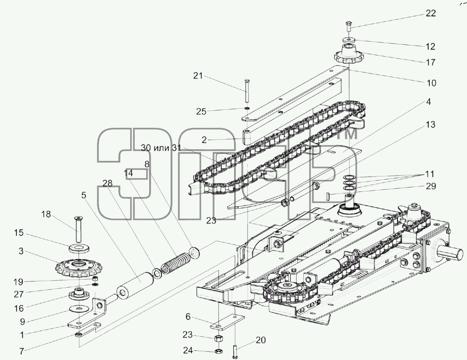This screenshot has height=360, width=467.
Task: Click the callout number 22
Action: (x=431, y=14)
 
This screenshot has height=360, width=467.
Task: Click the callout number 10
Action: (x=431, y=83)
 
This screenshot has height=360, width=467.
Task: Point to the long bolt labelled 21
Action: (x=247, y=91)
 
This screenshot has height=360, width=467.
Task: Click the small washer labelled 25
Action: (x=247, y=108)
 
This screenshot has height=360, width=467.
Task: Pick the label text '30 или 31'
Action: (x=161, y=148)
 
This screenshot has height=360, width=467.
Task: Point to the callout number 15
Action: (x=19, y=233)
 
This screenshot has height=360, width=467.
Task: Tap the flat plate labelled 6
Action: (x=228, y=322)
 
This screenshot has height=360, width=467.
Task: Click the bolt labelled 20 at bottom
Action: (x=234, y=351)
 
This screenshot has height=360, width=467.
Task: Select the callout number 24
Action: (x=188, y=350)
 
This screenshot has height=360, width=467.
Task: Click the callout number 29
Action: (x=431, y=186)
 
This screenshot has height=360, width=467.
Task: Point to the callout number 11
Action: (x=430, y=174)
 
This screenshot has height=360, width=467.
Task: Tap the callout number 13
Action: (x=430, y=124)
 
